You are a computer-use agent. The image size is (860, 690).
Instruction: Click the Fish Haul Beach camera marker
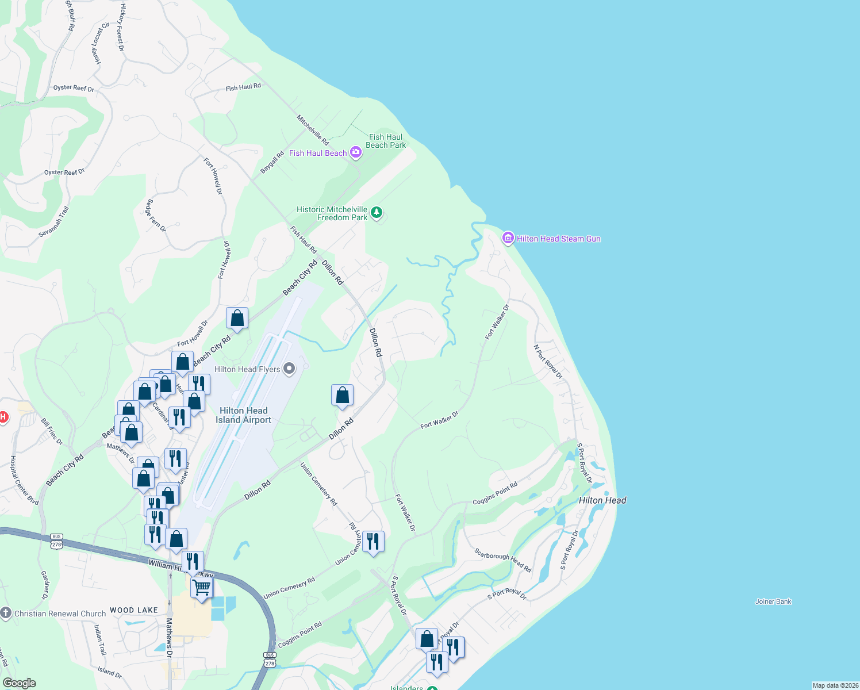tap(356, 152)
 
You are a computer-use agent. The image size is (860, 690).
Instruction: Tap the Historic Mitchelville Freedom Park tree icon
tap(377, 213)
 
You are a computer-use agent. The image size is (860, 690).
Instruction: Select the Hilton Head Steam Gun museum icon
tap(508, 238)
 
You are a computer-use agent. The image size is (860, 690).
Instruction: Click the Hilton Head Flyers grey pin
tap(289, 369)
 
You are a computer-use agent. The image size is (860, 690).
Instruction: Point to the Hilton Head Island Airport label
tap(244, 415)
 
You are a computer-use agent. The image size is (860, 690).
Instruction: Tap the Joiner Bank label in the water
tap(773, 601)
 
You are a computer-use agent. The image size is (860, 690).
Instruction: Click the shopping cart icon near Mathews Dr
tap(202, 588)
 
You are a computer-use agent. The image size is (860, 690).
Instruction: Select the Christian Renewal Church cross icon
tap(6, 613)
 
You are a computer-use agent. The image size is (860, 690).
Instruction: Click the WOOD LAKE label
tap(134, 610)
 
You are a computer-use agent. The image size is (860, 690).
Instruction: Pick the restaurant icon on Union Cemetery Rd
tap(374, 541)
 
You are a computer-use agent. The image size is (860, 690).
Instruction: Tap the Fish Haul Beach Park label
tap(386, 141)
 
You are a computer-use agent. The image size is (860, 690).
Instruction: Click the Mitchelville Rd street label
tap(313, 130)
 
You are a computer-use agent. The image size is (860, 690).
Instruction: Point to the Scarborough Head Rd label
tap(502, 560)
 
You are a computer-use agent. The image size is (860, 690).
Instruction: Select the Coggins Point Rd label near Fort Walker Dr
tap(495, 493)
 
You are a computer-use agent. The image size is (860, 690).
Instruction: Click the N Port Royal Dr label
tap(547, 362)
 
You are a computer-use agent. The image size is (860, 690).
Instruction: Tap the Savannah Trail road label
tap(53, 221)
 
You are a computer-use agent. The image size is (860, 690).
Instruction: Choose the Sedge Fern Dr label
tap(156, 216)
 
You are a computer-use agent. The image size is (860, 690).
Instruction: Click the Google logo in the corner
tap(19, 683)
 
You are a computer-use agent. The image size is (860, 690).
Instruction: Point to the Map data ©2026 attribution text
tap(835, 685)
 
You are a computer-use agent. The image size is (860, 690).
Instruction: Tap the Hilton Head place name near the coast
tap(602, 500)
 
